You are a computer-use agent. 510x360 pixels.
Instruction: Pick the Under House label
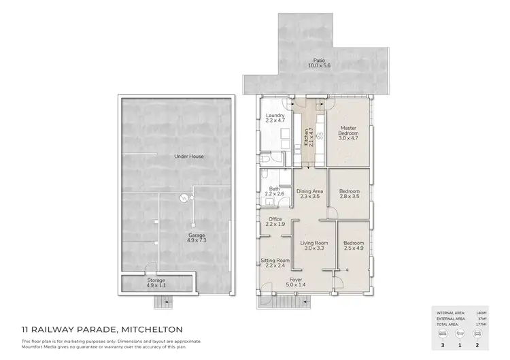pos(189,157)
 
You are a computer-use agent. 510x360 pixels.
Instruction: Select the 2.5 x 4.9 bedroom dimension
pos(354,248)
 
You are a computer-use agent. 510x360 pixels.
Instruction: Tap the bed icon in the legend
pos(444,336)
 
